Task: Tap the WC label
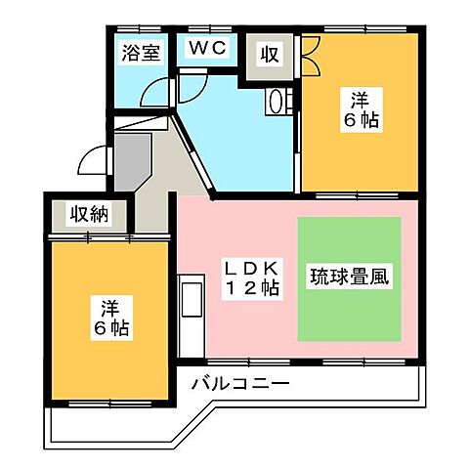coord(206,47)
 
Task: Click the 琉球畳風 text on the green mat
coord(350,277)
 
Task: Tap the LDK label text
coord(253,268)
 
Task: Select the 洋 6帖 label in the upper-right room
coord(360,109)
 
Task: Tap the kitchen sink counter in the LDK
coord(190,313)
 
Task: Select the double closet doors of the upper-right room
coord(311,55)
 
